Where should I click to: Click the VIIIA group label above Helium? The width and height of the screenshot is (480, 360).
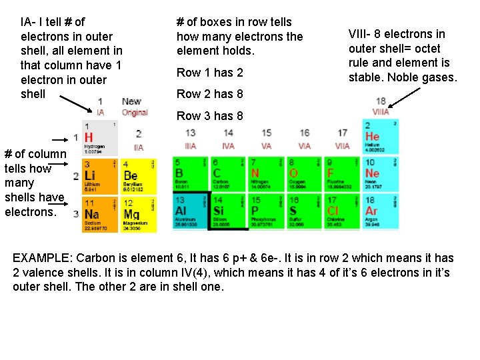point(381,113)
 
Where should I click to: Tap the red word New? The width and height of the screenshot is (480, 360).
point(131,101)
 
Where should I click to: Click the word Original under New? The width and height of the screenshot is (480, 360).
point(135,113)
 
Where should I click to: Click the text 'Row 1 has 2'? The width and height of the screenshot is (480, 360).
point(209,72)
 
